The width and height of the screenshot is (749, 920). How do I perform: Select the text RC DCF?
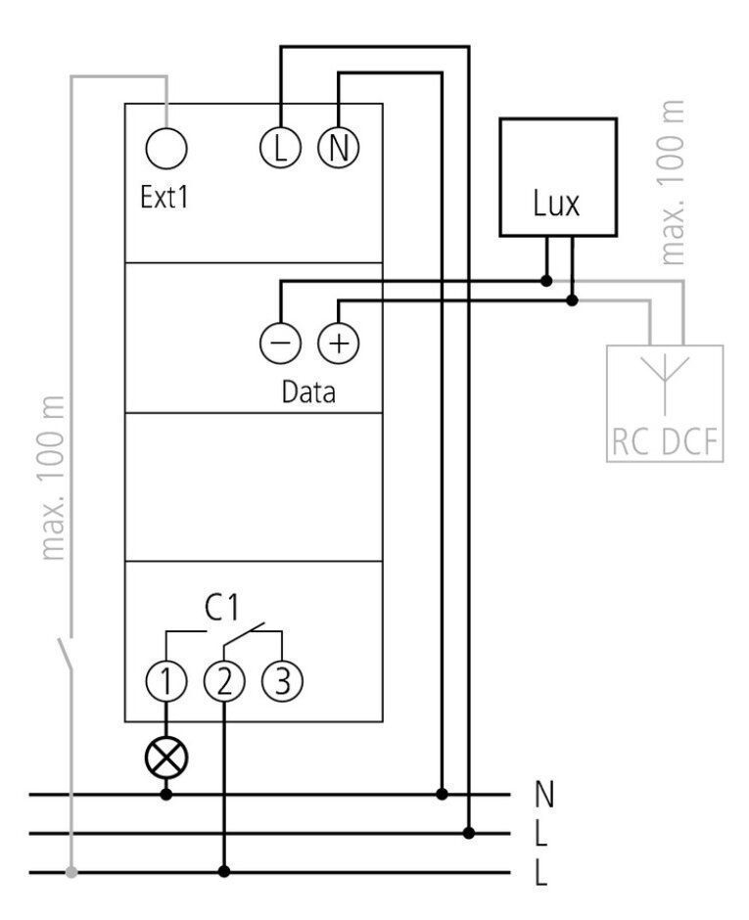(665, 441)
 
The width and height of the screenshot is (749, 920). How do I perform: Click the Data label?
(308, 391)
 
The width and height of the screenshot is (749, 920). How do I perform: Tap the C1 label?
(222, 607)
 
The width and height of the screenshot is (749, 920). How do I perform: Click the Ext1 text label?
(164, 197)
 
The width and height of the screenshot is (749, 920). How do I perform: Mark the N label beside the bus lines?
(544, 795)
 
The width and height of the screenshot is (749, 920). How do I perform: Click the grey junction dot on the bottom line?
(71, 872)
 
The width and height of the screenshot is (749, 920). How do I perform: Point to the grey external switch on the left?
(66, 654)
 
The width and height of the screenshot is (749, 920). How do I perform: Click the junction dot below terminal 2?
(223, 872)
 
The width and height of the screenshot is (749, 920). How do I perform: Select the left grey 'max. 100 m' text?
(52, 479)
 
